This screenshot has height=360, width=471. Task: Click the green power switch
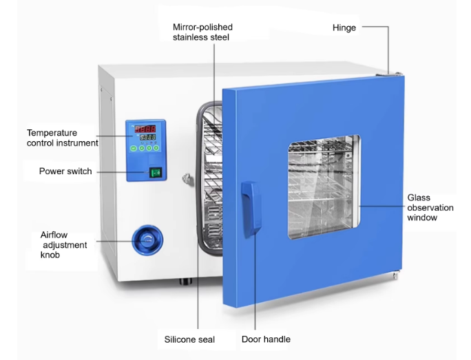156,173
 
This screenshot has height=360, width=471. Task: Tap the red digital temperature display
145,128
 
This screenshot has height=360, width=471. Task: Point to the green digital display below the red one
145,137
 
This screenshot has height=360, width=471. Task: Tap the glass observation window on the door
324,186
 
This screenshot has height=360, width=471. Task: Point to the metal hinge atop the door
393,73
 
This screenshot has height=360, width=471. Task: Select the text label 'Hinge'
344,28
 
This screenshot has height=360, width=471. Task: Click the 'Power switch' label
65,171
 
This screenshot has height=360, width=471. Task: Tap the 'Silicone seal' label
189,339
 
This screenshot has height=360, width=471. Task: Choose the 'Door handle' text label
266,339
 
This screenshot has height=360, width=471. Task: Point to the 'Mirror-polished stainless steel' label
202,32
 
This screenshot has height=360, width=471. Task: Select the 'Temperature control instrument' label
62,138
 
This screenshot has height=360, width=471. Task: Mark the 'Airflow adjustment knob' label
64,245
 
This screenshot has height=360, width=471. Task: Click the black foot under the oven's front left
184,281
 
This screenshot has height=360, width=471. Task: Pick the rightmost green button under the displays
155,147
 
